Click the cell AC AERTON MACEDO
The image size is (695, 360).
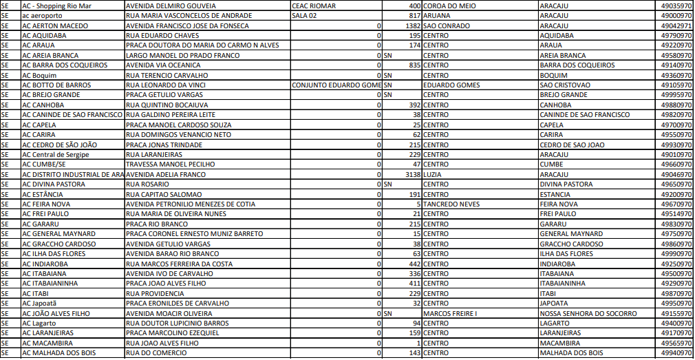(x=55, y=25)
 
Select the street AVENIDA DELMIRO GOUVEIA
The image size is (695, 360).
(x=168, y=5)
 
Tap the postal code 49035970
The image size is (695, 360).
(x=676, y=5)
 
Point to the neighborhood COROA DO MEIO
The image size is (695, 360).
(x=449, y=5)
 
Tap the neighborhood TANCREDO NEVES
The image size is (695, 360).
(x=451, y=204)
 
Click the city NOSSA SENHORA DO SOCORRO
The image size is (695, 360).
(x=588, y=313)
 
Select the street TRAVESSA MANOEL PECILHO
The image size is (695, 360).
(x=171, y=165)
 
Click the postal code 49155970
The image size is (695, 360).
(x=676, y=313)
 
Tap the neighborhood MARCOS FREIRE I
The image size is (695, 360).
(x=450, y=313)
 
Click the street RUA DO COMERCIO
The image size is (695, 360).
(x=156, y=353)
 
